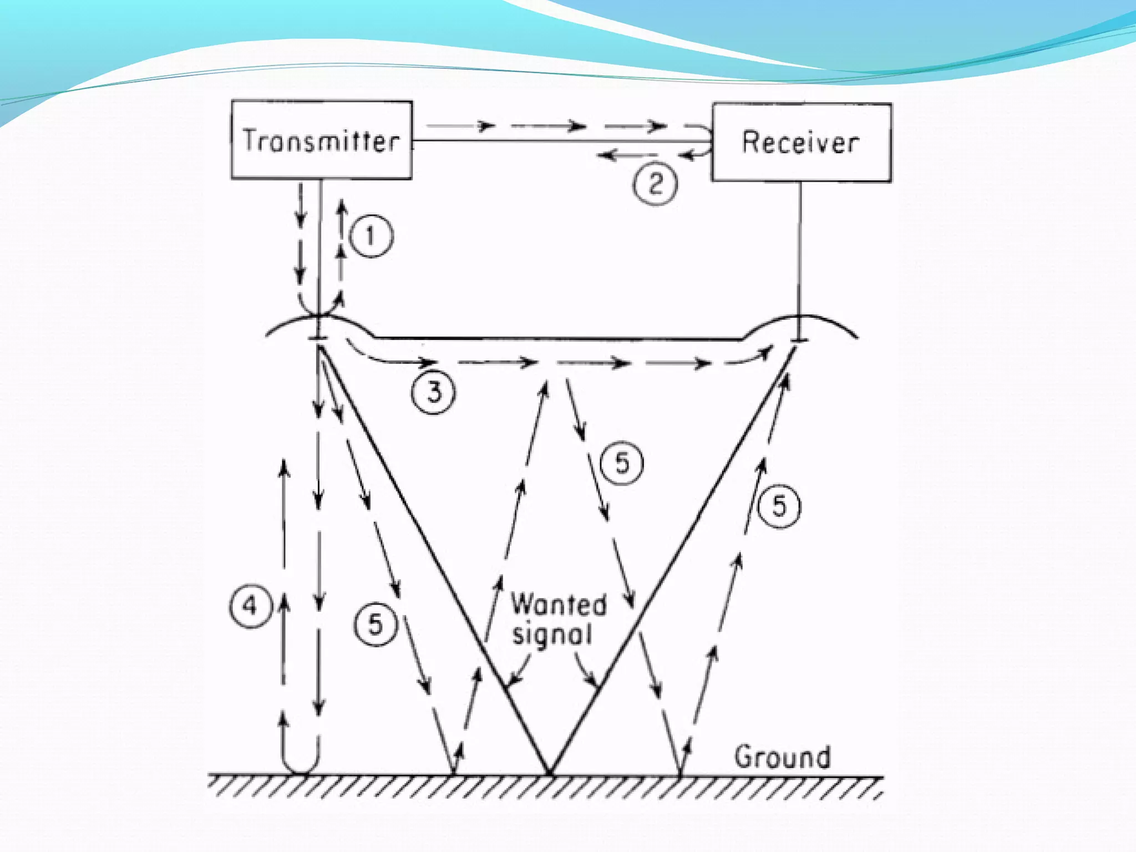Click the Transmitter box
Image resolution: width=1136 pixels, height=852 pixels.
tap(321, 140)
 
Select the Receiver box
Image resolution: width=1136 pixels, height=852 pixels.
tap(802, 142)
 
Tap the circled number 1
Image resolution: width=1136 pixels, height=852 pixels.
tap(371, 237)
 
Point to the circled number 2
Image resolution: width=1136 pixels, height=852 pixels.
tap(655, 184)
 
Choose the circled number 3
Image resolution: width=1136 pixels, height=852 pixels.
tap(433, 393)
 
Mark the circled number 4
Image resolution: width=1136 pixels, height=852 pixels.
tap(250, 606)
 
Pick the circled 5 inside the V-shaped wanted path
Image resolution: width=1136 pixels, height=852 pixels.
tap(622, 463)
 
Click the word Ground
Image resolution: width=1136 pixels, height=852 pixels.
tap(782, 758)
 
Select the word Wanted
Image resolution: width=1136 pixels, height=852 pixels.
tap(559, 605)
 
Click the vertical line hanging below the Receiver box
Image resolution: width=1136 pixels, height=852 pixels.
tap(799, 250)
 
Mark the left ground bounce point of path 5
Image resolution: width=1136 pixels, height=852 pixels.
tap(453, 773)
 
